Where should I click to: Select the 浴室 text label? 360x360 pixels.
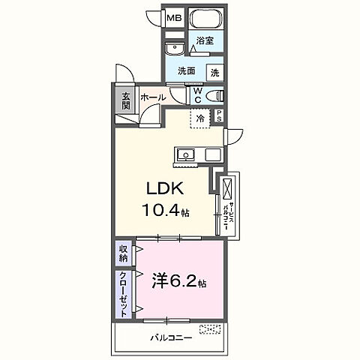[x=205, y=41]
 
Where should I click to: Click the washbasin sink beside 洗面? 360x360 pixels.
[x=173, y=49]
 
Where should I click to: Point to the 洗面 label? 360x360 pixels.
[x=187, y=72]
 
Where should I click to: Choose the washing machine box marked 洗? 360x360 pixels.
[x=214, y=72]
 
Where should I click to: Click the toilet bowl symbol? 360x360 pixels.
[x=215, y=95]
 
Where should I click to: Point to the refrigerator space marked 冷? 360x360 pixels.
[x=200, y=117]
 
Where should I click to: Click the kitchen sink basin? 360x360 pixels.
[x=184, y=155]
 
